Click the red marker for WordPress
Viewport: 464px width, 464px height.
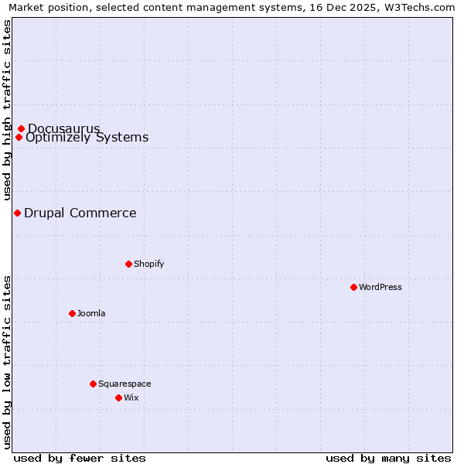[353, 287]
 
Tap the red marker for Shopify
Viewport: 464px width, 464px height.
[128, 264]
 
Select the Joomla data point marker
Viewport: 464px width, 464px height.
[72, 313]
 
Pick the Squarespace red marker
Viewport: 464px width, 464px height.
[93, 384]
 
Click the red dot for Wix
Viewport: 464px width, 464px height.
[118, 397]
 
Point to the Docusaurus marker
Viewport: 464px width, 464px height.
[21, 128]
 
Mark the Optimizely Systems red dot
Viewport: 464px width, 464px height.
[19, 138]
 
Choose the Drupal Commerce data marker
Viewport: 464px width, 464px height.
[17, 213]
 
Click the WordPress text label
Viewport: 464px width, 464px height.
[380, 287]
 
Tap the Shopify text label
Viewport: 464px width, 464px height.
[149, 264]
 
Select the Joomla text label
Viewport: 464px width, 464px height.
[91, 313]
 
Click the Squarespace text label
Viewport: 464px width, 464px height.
[125, 384]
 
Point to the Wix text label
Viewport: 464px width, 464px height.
[131, 397]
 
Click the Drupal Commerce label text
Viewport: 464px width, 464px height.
[80, 213]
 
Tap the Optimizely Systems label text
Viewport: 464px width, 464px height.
[87, 138]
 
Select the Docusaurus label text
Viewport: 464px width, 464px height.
[63, 128]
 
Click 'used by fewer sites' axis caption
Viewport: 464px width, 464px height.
[80, 458]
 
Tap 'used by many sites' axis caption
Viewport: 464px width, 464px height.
[388, 458]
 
